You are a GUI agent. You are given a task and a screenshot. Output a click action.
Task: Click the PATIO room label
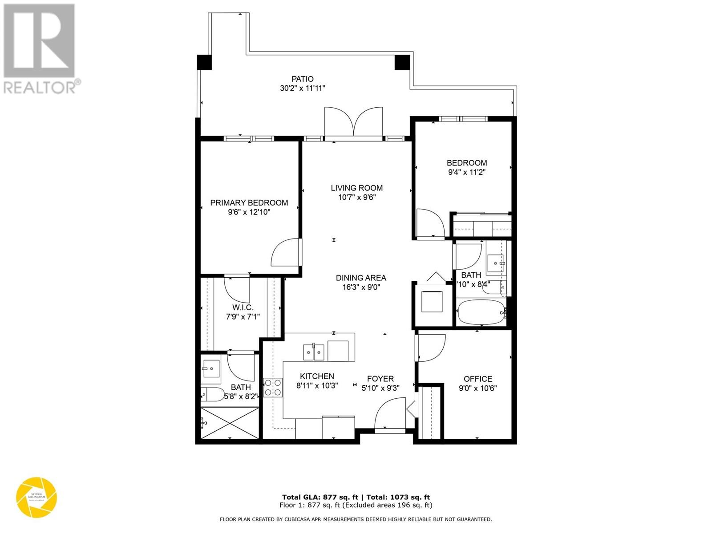pos(302,79)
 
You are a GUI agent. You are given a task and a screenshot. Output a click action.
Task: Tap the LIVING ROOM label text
pos(356,188)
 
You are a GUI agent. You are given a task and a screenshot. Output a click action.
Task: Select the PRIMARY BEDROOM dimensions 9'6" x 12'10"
pos(249,212)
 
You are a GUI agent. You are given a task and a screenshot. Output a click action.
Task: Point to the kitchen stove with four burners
pos(273,387)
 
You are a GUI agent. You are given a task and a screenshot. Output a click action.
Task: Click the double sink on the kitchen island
pos(314,352)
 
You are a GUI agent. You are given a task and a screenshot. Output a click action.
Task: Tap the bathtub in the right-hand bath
pos(481,313)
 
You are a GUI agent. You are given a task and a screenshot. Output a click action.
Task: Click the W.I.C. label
pos(243,307)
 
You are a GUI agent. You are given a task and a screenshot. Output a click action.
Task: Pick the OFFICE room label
pos(477,379)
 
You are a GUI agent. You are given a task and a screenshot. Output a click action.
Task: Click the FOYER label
pos(380,379)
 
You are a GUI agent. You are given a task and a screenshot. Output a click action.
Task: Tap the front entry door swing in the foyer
pos(390,414)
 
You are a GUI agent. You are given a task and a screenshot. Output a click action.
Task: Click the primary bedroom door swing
pos(286,253)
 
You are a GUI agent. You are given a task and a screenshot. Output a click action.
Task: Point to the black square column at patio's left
pos(204,62)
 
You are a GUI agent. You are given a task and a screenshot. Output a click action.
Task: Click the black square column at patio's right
pos(402,62)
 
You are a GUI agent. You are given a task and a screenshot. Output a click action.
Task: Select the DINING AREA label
pos(360,278)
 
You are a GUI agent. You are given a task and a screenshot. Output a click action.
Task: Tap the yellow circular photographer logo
pos(36,497)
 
